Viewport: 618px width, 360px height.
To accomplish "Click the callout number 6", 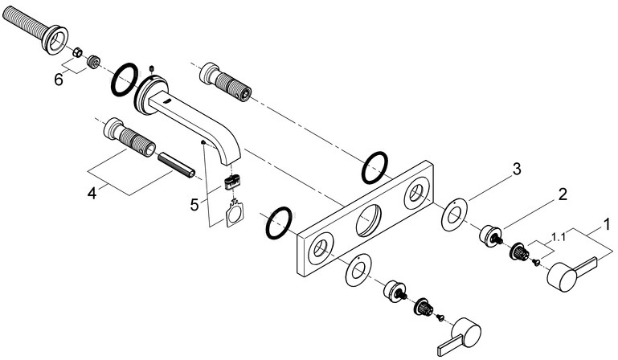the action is pyautogui.click(x=59, y=80).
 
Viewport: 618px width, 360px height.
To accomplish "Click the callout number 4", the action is pyautogui.click(x=92, y=193).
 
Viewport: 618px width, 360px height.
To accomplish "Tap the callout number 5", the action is pyautogui.click(x=194, y=205).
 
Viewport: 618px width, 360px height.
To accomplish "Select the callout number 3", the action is pyautogui.click(x=516, y=170).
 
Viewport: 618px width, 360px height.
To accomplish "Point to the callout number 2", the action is pyautogui.click(x=562, y=194).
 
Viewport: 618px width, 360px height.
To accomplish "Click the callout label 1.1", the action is pyautogui.click(x=558, y=237).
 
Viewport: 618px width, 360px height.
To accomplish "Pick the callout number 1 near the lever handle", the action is pyautogui.click(x=607, y=224).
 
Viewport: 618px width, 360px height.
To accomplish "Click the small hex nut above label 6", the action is pyautogui.click(x=78, y=51).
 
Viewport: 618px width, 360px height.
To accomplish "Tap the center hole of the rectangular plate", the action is pyautogui.click(x=369, y=221).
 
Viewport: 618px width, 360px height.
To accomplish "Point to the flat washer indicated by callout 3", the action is pyautogui.click(x=454, y=215).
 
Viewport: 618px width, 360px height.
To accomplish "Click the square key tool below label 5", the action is pyautogui.click(x=235, y=214).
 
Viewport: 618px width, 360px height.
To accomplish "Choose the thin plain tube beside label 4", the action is pyautogui.click(x=176, y=166).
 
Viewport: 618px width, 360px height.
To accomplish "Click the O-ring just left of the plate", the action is pyautogui.click(x=279, y=223).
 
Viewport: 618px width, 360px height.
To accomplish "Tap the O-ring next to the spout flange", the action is pyautogui.click(x=125, y=79).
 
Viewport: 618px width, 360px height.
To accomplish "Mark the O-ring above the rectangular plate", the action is pyautogui.click(x=374, y=168).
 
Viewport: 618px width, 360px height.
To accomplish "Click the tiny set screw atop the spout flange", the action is pyautogui.click(x=151, y=70).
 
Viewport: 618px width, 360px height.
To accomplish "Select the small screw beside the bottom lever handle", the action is pyautogui.click(x=440, y=317).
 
